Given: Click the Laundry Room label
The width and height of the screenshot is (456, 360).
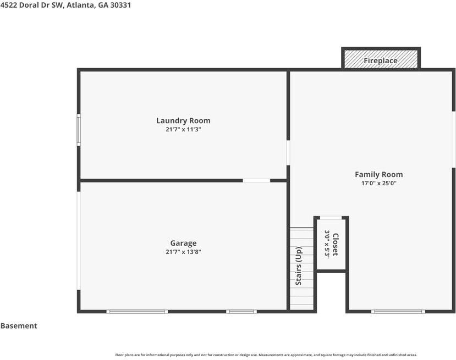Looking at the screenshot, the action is pyautogui.click(x=183, y=120).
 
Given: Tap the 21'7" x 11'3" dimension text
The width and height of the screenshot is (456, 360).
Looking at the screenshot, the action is pyautogui.click(x=183, y=129).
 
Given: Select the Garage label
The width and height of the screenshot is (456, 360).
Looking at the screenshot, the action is pyautogui.click(x=183, y=243).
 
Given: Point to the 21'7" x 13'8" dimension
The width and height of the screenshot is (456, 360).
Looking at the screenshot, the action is pyautogui.click(x=183, y=252).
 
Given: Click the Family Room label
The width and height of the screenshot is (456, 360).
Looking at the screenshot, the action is pyautogui.click(x=378, y=175).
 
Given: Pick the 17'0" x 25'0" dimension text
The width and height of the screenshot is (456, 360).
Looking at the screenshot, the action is pyautogui.click(x=378, y=184).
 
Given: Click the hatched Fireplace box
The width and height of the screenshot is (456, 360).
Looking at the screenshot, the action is pyautogui.click(x=381, y=59).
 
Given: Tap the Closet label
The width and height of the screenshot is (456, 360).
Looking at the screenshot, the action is pyautogui.click(x=336, y=245).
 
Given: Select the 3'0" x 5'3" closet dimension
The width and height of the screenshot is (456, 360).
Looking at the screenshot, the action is pyautogui.click(x=327, y=245).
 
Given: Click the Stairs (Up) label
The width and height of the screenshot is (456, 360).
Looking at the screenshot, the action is pyautogui.click(x=298, y=266).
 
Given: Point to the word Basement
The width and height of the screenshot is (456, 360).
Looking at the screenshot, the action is pyautogui.click(x=19, y=326).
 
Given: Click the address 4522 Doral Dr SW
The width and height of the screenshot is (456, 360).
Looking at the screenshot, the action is pyautogui.click(x=31, y=5).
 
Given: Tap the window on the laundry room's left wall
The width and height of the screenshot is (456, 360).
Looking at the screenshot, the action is pyautogui.click(x=79, y=130).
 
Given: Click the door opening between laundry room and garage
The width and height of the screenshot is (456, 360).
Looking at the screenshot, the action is pyautogui.click(x=256, y=181).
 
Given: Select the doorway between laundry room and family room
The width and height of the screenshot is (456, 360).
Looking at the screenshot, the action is pyautogui.click(x=288, y=153).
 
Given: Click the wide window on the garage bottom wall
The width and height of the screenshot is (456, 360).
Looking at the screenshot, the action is pyautogui.click(x=137, y=312).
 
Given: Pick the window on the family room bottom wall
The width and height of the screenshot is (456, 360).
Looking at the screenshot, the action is pyautogui.click(x=398, y=312).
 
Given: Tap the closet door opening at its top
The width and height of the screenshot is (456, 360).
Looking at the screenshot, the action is pyautogui.click(x=331, y=218).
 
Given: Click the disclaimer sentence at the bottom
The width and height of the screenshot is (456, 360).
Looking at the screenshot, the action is pyautogui.click(x=266, y=355).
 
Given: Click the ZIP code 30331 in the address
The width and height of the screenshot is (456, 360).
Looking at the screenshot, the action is pyautogui.click(x=120, y=5).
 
